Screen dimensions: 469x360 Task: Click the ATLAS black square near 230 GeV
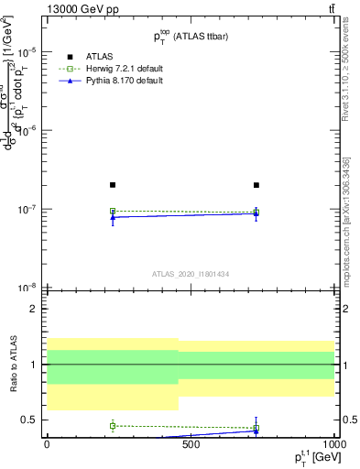point(113,185)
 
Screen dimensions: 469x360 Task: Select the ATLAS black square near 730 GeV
point(256,185)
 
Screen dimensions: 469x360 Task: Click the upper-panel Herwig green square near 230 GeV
point(113,212)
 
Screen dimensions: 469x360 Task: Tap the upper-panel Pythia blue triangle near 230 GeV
point(113,217)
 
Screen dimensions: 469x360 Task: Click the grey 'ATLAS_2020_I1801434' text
point(190,274)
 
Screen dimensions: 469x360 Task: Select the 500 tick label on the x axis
point(191,444)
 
